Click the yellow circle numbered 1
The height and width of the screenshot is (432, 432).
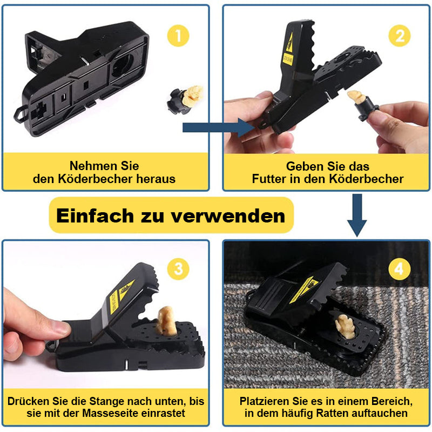[x=178, y=36]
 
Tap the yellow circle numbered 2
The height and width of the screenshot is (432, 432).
[x=400, y=36]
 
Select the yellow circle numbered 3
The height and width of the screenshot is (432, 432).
[x=178, y=269]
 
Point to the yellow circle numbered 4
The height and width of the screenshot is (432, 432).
[x=400, y=269]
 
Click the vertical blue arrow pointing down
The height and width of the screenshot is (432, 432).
[x=357, y=215]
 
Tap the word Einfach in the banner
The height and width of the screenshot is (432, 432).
[x=96, y=215]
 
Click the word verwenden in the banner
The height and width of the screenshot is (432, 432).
[x=228, y=216]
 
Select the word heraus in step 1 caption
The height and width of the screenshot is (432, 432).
[x=156, y=179]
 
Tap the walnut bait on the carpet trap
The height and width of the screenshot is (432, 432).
[x=345, y=327]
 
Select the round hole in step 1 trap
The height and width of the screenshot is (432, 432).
[x=123, y=65]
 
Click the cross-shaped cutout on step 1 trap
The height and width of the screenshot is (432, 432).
[x=38, y=110]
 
